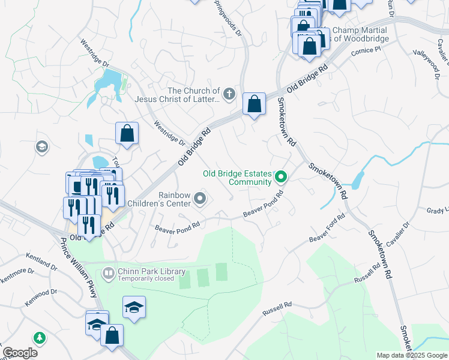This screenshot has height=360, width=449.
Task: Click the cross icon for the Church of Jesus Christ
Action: [229, 94]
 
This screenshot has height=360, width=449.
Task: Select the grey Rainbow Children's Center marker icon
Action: [201, 198]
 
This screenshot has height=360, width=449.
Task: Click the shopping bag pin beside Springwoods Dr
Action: [255, 104]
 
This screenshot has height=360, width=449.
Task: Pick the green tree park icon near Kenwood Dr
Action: [40, 338]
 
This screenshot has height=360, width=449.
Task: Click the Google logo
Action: [20, 353]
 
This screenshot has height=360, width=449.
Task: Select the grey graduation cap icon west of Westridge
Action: [41, 147]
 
